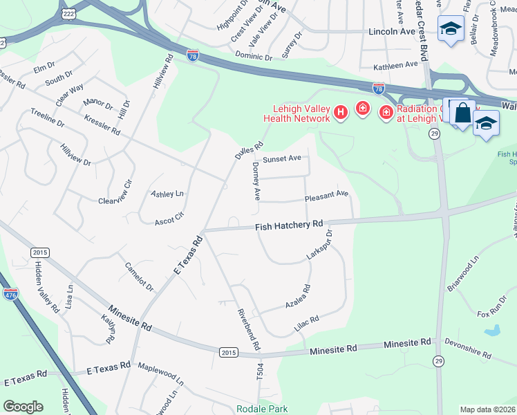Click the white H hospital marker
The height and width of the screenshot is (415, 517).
340,111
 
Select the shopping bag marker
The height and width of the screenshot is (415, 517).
462,113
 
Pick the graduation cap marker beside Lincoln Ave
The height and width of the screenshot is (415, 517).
451,29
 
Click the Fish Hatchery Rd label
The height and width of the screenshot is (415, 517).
289,224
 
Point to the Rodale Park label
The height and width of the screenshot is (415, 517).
260,408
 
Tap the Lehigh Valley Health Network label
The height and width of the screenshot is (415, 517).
297,113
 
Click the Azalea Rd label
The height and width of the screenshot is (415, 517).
298,297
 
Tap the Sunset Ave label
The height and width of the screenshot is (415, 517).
281,158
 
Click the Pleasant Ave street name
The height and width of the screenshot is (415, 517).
326,195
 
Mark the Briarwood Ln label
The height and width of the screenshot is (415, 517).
462,275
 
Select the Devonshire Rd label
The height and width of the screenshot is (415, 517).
469,349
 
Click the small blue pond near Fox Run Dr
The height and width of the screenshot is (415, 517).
493,330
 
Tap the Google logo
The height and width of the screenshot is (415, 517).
23,407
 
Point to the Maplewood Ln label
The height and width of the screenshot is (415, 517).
161,374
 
